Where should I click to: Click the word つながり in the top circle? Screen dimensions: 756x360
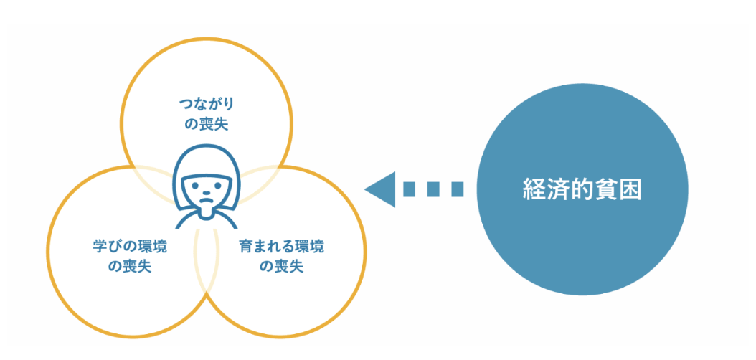206,103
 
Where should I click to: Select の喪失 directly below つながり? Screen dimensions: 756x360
207,123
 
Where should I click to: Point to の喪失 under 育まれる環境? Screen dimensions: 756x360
281,267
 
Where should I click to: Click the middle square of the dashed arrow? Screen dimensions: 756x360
433,189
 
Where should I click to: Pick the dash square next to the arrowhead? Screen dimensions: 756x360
410,189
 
